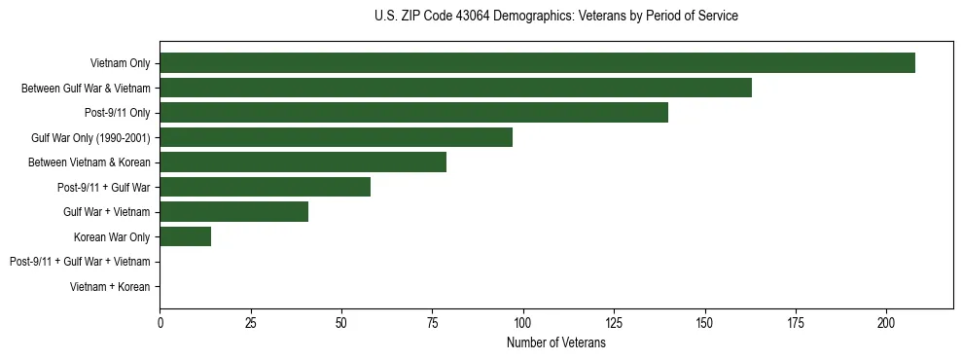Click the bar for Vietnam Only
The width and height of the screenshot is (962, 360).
(537, 63)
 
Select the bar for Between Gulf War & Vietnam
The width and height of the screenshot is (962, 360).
(455, 89)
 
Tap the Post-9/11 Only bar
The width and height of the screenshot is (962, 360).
(413, 113)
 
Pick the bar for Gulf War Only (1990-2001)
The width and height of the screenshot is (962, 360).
(336, 137)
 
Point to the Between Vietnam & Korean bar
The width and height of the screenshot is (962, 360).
(303, 162)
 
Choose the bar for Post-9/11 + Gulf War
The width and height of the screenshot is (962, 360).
(265, 187)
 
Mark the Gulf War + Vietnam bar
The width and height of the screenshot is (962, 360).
(233, 212)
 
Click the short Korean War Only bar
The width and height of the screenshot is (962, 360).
(185, 236)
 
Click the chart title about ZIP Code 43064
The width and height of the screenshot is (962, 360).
(555, 17)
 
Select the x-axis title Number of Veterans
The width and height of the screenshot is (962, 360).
(555, 343)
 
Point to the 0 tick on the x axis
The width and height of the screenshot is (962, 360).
(160, 322)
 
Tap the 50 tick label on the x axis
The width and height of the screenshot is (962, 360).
(341, 322)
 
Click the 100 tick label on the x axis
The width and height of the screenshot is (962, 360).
(523, 322)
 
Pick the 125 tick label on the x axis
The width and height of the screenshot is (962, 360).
(614, 322)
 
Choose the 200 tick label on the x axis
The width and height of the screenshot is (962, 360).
(886, 322)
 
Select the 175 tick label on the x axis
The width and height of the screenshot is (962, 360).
(796, 322)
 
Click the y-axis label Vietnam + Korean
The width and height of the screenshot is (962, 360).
(110, 287)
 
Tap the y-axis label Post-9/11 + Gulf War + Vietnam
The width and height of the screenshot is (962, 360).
(80, 262)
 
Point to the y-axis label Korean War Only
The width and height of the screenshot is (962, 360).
(112, 237)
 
